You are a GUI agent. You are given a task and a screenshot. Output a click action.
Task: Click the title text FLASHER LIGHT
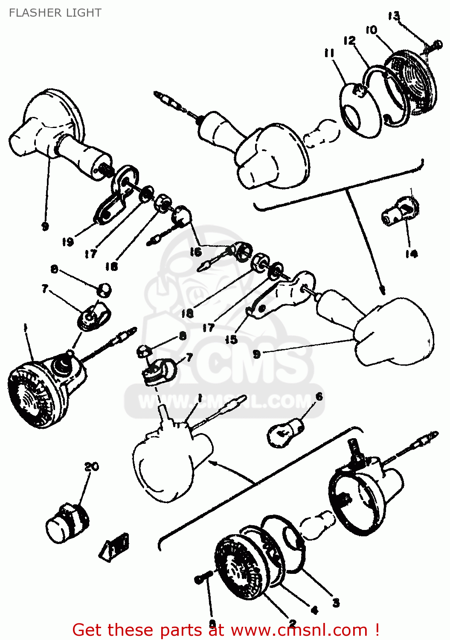point(55,13)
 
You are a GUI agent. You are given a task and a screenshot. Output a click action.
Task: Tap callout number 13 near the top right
point(394,16)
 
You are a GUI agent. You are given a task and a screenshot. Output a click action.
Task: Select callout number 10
point(371,30)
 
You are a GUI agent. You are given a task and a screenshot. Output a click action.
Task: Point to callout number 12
point(349,41)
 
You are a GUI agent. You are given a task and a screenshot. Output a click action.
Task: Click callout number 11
point(329,53)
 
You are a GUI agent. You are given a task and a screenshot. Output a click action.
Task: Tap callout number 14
point(411,254)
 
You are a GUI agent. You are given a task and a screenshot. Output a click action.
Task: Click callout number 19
point(68,242)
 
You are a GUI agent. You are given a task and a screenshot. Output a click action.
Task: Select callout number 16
point(195,252)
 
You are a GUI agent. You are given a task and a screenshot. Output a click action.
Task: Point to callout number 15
point(231,340)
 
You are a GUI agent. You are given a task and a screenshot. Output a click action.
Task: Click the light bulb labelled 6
point(285,432)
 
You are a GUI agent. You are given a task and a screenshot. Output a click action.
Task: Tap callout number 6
point(319,397)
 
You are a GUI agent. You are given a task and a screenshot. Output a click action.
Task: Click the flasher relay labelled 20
point(67,521)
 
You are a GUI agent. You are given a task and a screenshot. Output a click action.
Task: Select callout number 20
point(91,467)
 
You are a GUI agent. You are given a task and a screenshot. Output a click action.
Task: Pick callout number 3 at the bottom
point(336,602)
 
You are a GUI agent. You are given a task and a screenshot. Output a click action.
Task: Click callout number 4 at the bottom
point(314,611)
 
